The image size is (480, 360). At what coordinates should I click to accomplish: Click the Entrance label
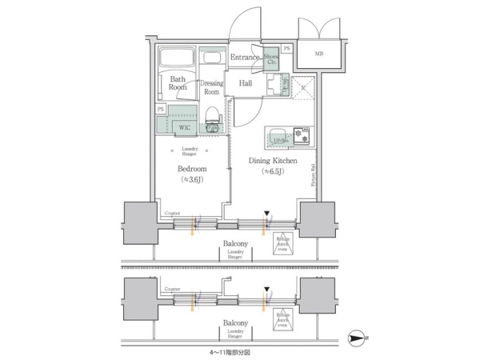pos(245,58)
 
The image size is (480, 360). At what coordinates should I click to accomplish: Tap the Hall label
pos(246,82)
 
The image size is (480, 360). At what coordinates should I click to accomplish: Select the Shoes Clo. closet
pos(271,58)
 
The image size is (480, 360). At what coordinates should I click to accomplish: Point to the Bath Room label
pos(178,82)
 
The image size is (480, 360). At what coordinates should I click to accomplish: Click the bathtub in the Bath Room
pos(177,59)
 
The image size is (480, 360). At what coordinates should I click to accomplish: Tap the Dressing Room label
pos(211,87)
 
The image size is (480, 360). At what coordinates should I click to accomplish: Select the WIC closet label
pos(184,127)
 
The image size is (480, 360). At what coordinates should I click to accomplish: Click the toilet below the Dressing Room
pos(212,120)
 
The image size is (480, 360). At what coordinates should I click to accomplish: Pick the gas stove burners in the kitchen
pos(302,135)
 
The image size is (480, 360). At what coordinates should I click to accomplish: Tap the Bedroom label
pos(191,169)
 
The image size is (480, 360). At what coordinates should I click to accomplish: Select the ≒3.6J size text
pos(191,180)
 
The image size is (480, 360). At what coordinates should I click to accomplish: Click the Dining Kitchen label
pos(272,161)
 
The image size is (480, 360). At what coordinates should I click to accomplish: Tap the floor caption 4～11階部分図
pos(230,350)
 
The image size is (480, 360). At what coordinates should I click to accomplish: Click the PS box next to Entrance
pos(286,49)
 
